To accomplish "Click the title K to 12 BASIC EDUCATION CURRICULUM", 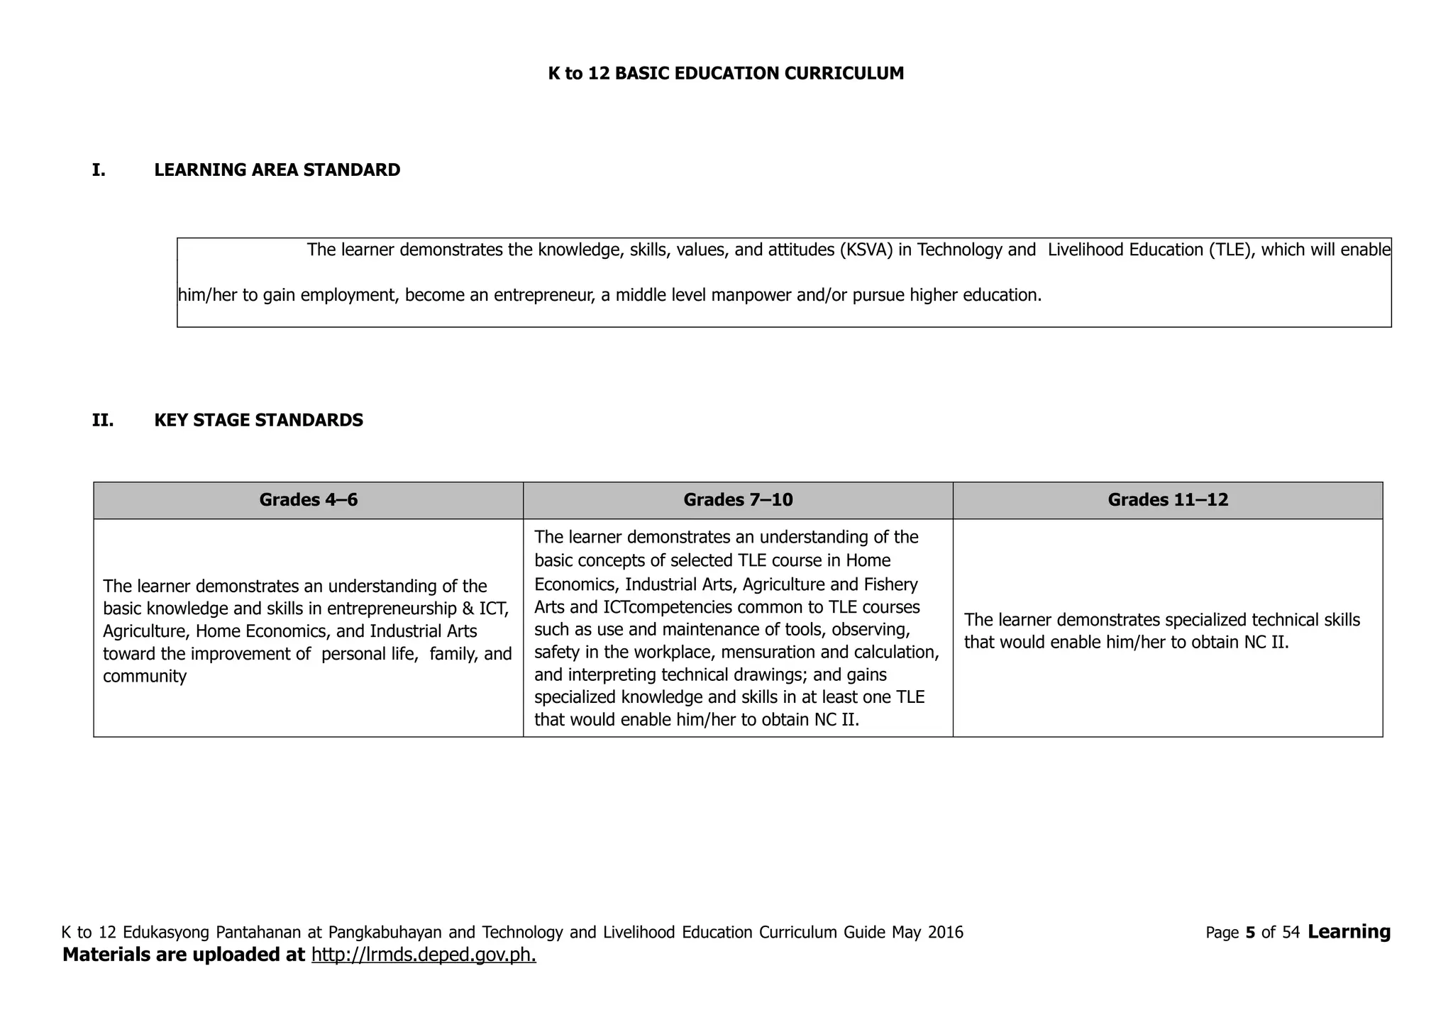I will pos(726,74).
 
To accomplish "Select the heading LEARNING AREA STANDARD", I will pos(277,170).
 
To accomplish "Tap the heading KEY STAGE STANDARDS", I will pos(258,421).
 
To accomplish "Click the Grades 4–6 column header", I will pos(308,500).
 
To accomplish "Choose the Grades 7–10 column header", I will pos(738,500).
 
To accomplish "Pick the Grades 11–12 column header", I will pos(1167,500).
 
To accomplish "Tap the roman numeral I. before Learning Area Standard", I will pos(99,170).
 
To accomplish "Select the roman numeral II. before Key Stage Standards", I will pos(103,421).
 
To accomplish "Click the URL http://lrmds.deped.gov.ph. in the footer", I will pos(424,955).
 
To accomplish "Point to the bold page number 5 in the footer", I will pos(1250,933).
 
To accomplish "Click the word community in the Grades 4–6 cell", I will pos(145,677).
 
